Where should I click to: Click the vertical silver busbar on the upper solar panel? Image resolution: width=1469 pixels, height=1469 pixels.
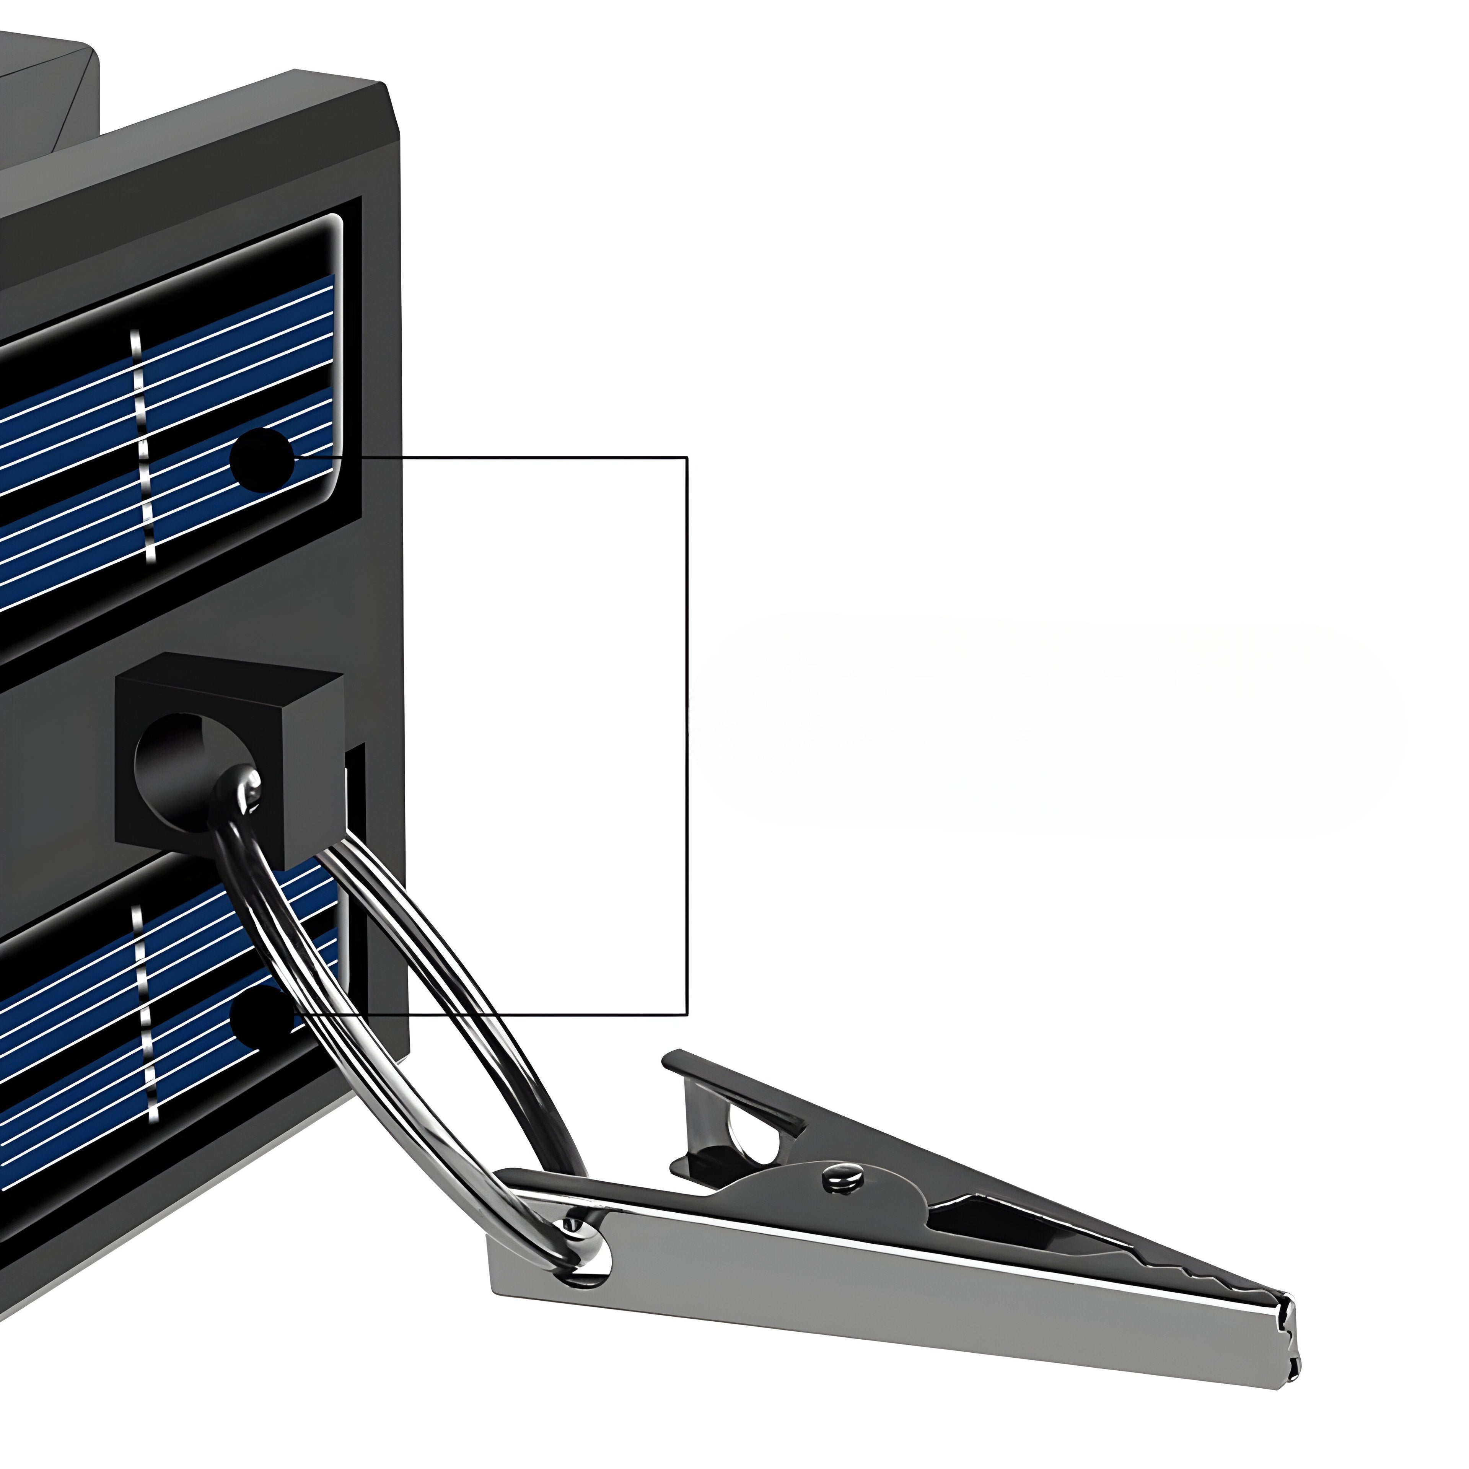143,449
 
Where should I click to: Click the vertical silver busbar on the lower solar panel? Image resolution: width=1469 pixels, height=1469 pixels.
145,1011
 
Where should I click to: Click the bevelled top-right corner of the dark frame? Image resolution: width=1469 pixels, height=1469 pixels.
389,99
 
